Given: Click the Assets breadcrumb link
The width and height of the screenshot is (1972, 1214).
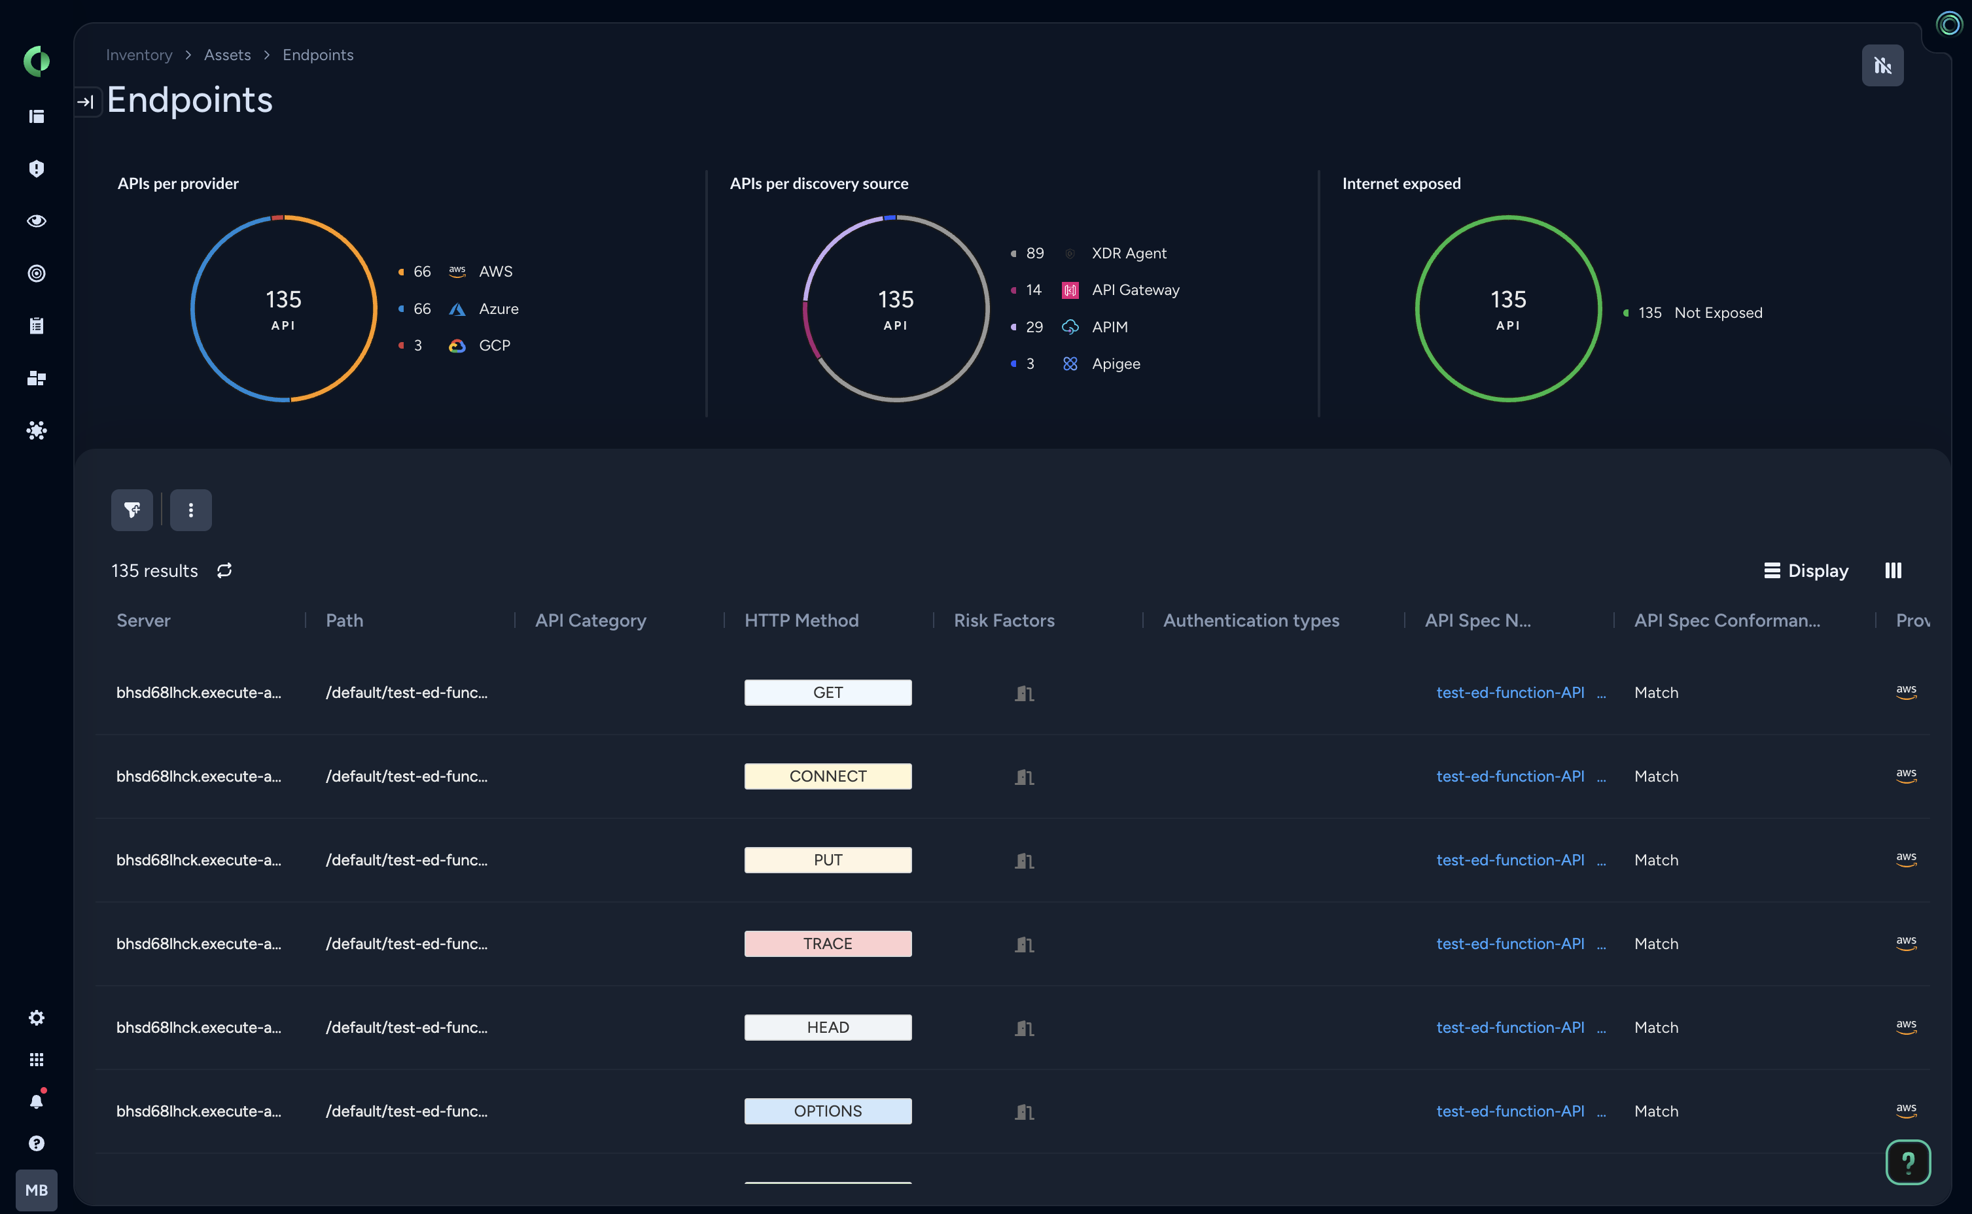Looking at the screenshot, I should point(227,54).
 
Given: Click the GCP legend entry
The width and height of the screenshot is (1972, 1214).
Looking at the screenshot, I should point(494,345).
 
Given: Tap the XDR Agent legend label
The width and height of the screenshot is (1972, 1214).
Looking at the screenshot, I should point(1128,253).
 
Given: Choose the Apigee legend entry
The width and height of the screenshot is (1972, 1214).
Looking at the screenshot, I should point(1116,364).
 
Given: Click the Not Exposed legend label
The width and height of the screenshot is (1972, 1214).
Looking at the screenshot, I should point(1717,313).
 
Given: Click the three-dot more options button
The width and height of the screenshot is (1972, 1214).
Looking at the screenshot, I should point(190,510).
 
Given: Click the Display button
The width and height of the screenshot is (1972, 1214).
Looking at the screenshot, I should point(1806,570).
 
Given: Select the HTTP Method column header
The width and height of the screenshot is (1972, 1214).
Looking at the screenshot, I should point(801,620).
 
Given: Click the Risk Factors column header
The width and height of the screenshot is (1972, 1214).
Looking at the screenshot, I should point(1004,620).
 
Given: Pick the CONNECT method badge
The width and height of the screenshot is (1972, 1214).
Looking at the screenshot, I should point(827,776).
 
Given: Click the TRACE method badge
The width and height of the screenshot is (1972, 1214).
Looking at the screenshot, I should point(827,943).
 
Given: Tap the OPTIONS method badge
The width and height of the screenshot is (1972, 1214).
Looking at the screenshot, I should point(827,1111).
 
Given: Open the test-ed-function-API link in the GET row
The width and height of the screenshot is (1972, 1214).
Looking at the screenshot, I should point(1509,692).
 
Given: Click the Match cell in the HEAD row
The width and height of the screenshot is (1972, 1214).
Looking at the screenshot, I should point(1655,1027).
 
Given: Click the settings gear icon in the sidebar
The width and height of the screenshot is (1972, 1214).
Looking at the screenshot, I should point(36,1017).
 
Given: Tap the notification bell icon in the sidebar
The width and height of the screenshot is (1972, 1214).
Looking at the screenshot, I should point(36,1101).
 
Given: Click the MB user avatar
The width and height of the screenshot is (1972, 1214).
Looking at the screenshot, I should point(36,1190).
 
